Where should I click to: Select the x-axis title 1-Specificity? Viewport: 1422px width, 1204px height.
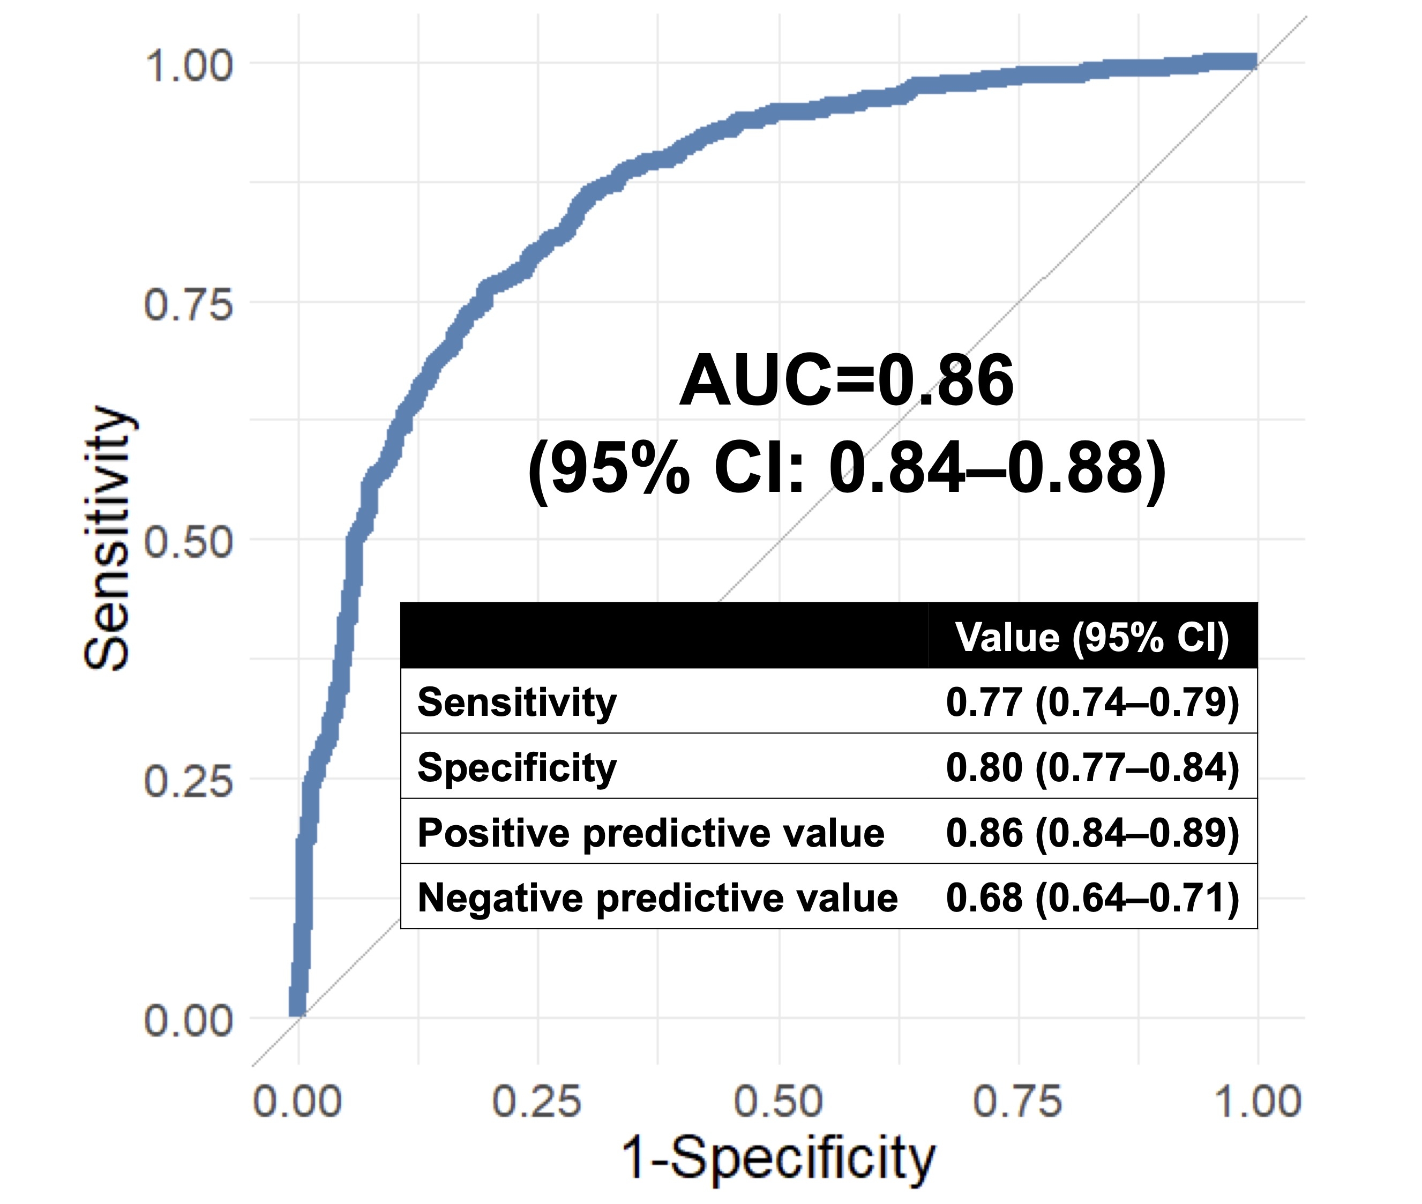778,1159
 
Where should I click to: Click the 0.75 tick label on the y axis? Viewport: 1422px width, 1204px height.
188,304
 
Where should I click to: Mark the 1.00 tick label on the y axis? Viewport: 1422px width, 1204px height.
188,66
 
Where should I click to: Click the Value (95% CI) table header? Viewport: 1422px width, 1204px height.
1092,637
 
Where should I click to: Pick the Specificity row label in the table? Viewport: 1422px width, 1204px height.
517,767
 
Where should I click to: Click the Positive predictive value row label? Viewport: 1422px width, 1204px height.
650,833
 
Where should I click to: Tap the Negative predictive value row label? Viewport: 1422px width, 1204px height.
657,898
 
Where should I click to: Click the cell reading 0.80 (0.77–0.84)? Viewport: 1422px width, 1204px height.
1092,767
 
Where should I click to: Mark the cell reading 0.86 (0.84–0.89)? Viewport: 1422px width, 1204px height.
1092,833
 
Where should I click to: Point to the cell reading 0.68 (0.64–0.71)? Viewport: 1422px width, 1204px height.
1092,898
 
